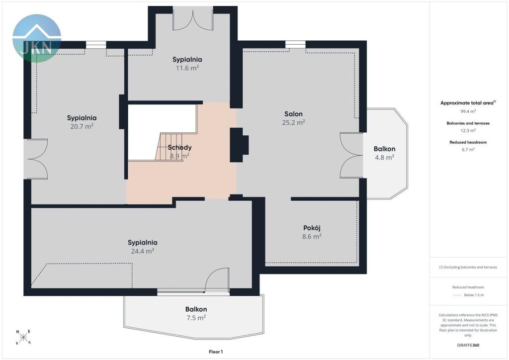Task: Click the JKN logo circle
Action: point(37,38)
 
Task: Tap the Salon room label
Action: point(293,114)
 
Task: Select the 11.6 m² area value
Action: point(187,68)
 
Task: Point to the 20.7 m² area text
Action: point(82,126)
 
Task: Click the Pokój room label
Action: point(312,228)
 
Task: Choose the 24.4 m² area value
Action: point(143,251)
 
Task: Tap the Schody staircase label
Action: point(179,147)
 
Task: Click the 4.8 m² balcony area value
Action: point(385,158)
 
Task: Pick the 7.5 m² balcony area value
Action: point(196,318)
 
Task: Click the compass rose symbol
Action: point(23,337)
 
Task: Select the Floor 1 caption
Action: point(216,352)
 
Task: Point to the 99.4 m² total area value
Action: point(468,111)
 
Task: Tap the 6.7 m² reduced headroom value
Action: point(468,149)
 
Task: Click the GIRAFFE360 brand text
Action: point(468,345)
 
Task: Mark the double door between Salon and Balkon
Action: point(351,155)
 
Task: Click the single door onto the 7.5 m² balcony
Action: point(217,280)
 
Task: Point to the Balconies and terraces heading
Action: point(468,123)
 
